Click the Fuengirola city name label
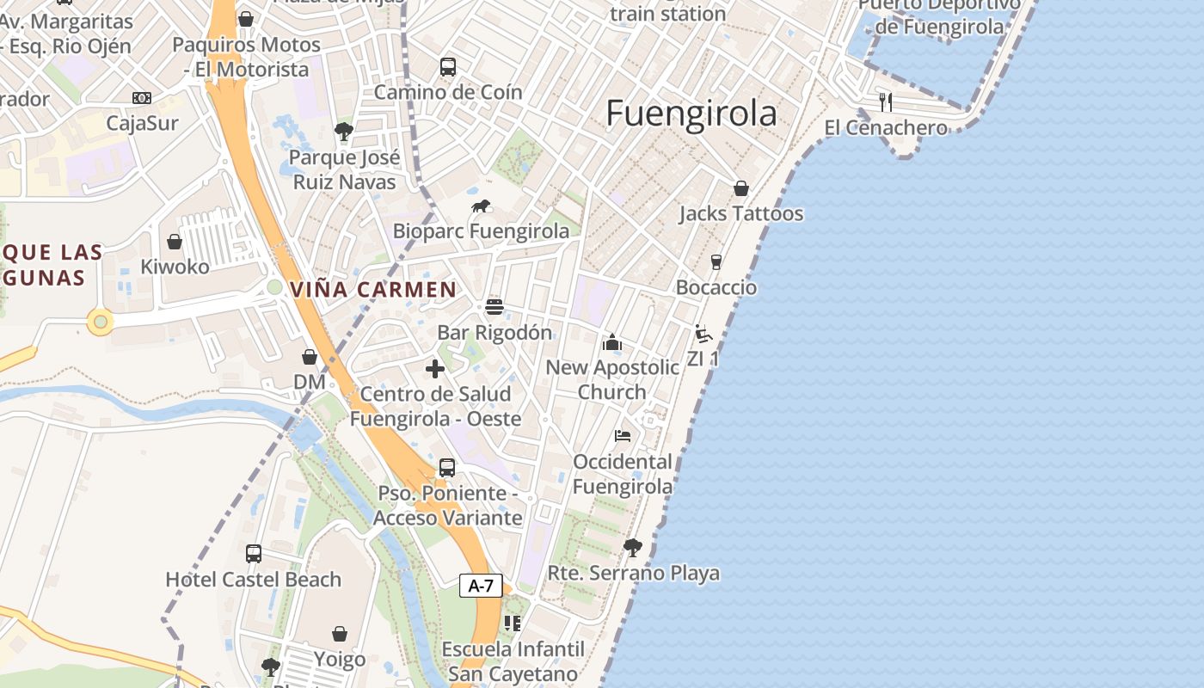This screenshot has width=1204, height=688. coord(691,114)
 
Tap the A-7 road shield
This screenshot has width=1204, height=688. coord(481,587)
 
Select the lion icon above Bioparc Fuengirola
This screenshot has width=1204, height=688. coord(481,206)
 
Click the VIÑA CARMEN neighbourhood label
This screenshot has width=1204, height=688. coord(373,290)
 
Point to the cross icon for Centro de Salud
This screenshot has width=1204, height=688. coord(435,369)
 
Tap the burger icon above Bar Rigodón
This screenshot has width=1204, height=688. coord(494,307)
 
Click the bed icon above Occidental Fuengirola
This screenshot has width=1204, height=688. coord(623,436)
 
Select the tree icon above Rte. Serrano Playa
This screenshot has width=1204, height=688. coord(633,547)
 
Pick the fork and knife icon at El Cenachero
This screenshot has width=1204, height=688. coord(886,102)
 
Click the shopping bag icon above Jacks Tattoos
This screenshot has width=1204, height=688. coord(741,188)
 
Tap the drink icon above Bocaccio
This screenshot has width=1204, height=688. coord(716,261)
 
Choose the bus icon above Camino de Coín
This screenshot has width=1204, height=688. coord(448,67)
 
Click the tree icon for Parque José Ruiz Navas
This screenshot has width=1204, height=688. coord(344,132)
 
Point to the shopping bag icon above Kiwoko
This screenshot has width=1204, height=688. coord(175,242)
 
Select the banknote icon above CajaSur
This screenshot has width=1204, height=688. coord(142,98)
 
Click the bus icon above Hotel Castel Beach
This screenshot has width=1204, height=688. coord(254,554)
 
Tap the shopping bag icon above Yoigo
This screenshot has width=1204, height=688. coord(340,635)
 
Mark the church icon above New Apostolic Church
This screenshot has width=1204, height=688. coord(612,343)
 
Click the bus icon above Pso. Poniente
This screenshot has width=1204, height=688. coord(447,468)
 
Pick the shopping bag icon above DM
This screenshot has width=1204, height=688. coord(310,356)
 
